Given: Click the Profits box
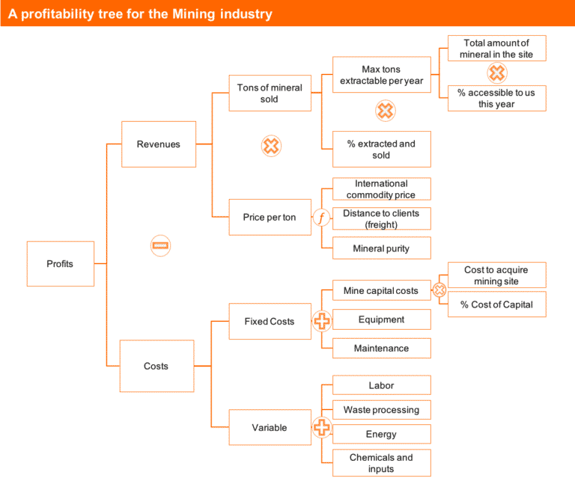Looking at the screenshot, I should [60, 263].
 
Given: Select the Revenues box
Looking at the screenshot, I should [158, 144].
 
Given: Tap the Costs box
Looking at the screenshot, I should [156, 366].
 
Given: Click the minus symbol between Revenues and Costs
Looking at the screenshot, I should [161, 245].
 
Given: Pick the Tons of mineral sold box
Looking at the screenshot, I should [270, 94].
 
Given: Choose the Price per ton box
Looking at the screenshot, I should [270, 218].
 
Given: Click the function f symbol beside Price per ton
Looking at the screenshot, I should [321, 218].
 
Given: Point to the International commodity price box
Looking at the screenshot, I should [381, 189].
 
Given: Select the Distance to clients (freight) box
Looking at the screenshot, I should [381, 218].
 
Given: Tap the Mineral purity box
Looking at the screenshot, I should [381, 248].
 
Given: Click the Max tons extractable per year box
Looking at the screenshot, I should [381, 75].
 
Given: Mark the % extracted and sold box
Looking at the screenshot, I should [381, 149].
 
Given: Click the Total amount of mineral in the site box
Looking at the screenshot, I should [496, 49].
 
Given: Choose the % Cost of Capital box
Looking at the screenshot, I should [496, 304].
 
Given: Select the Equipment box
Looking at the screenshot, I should [381, 319].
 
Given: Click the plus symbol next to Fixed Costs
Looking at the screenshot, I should [321, 322].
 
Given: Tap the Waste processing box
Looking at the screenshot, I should [381, 410].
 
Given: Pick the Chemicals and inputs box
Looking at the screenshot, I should [381, 463].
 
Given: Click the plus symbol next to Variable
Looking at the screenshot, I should [321, 428].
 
